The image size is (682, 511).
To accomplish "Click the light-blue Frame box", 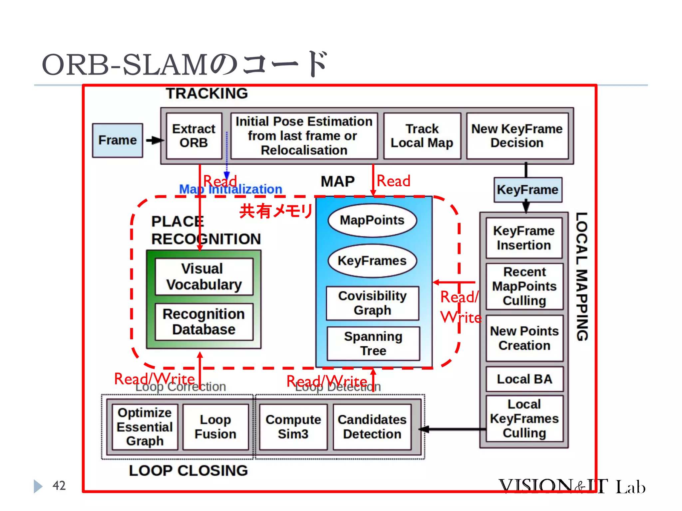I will [x=118, y=140].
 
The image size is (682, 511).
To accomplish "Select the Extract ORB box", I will [x=194, y=136].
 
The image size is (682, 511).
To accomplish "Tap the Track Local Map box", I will [x=422, y=136].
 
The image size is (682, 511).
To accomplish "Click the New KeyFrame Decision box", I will [x=517, y=136].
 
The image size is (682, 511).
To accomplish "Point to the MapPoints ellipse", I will [x=372, y=220].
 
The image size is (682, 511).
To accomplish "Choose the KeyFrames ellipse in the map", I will [x=372, y=260].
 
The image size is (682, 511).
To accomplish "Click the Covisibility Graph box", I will [x=372, y=303].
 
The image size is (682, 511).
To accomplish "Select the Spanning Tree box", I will [x=373, y=343].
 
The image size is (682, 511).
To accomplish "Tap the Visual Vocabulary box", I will [x=204, y=276].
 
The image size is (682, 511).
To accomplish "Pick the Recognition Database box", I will [x=204, y=321].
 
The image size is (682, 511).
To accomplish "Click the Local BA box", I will [x=524, y=379].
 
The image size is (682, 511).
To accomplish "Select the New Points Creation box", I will [x=524, y=338].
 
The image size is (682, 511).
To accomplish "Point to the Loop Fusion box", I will [x=215, y=427].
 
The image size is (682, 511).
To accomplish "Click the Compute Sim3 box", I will [x=293, y=427].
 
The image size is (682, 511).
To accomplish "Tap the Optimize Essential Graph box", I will [x=145, y=427].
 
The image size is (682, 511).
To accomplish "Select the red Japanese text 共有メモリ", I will [x=276, y=211].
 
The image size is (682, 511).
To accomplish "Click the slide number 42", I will [x=59, y=485].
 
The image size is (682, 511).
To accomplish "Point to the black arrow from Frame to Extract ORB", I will [x=154, y=140].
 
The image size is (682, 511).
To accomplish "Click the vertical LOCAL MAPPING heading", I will [x=582, y=276].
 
